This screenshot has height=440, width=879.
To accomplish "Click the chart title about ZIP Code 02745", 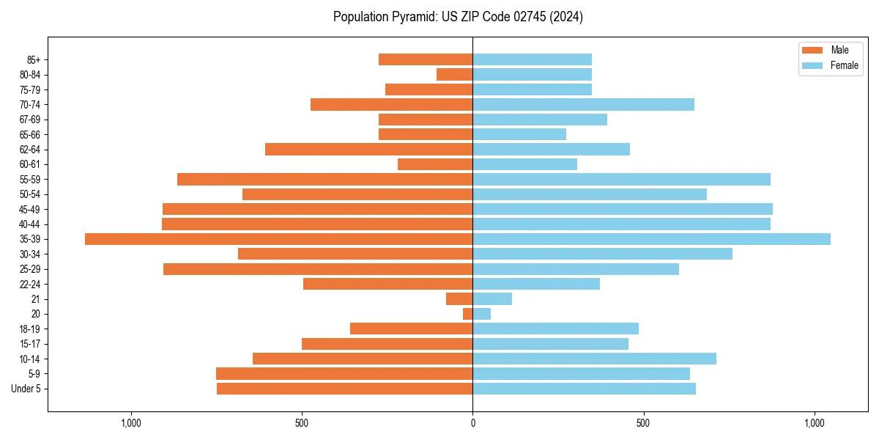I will click(458, 17).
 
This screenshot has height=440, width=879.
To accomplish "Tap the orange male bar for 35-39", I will click(278, 239).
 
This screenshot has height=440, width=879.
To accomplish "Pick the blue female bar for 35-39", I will click(651, 239).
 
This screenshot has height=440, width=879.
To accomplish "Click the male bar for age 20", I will click(467, 314).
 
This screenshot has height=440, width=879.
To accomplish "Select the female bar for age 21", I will click(492, 299).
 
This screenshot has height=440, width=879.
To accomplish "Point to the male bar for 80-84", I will click(454, 74).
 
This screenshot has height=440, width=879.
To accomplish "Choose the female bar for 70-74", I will click(583, 104).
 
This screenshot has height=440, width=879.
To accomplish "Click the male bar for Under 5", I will click(344, 389).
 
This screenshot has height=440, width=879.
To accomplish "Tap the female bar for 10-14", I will click(594, 359).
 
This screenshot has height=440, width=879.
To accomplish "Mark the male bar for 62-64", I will click(368, 150).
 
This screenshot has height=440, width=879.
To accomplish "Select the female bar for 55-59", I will click(621, 180).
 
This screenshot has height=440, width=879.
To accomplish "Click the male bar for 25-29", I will click(318, 269).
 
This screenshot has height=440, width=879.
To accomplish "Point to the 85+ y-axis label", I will click(32, 59).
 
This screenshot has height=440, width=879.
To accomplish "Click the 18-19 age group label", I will click(30, 329).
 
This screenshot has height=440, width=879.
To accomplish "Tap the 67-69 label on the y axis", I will click(30, 120).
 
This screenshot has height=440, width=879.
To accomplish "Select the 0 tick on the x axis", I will click(472, 423).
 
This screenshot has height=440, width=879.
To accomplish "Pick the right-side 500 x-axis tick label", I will click(643, 423).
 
